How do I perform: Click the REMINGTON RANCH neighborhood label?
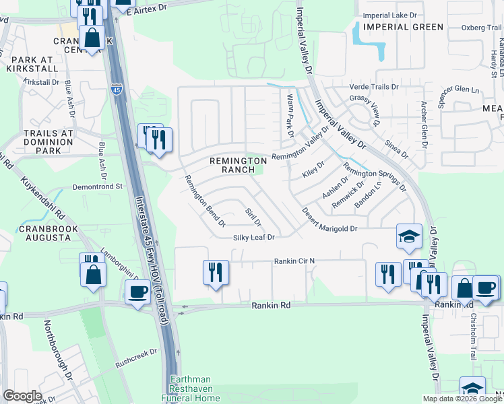click(238, 166)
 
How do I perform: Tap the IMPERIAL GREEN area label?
click(403, 27)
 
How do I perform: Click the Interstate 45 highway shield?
click(116, 88)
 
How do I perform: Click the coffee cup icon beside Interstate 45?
click(138, 293)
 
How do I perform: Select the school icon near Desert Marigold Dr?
click(408, 236)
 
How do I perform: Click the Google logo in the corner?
click(22, 396)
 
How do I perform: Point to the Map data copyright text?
click(462, 399)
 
